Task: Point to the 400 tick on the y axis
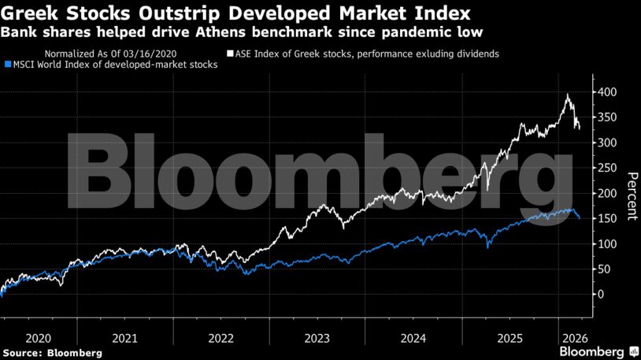coord(605,92)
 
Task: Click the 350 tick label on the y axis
coord(605,117)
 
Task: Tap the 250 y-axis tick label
coord(605,168)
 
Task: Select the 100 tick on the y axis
coord(605,243)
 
